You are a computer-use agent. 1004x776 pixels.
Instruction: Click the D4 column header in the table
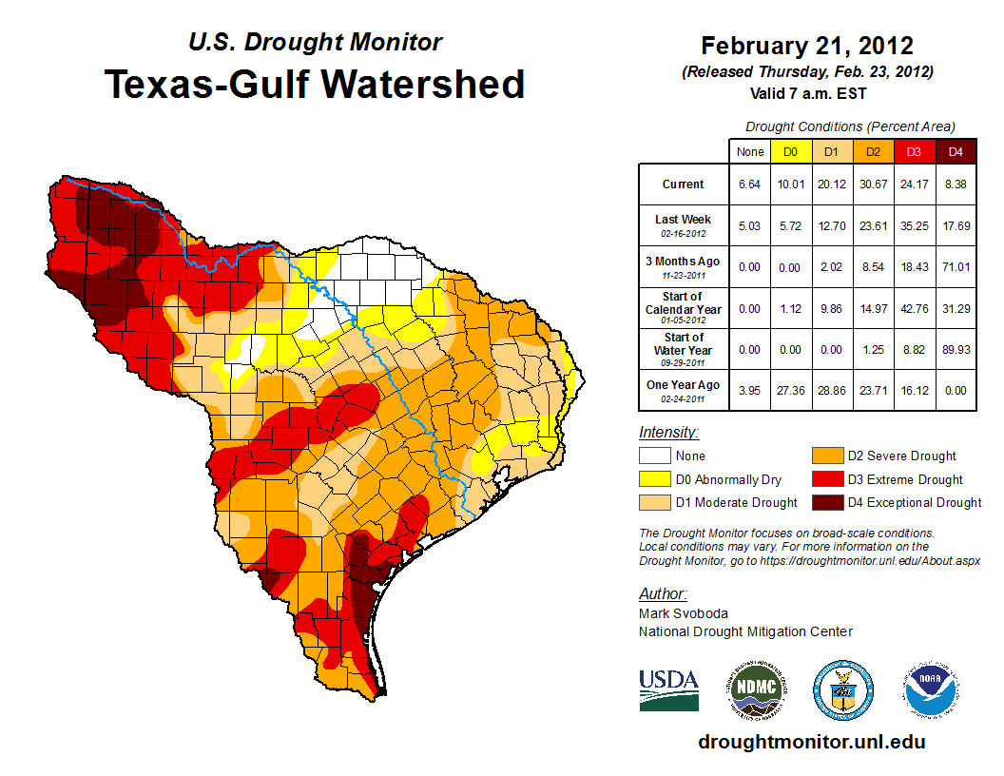point(956,151)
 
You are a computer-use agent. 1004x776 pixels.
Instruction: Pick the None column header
point(749,151)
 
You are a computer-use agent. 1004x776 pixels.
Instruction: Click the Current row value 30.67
point(873,184)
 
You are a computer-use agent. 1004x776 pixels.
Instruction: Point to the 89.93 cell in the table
point(956,350)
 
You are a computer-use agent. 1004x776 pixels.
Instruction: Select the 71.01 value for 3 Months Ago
point(956,267)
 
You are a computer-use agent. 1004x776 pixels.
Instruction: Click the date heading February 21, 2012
point(807,46)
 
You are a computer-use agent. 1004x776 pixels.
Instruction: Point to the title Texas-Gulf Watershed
point(315,84)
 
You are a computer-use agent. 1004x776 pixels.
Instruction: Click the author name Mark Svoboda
point(684,613)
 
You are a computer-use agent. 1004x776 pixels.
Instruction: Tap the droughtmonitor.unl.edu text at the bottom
point(811,742)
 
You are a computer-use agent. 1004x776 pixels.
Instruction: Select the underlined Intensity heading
point(668,433)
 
